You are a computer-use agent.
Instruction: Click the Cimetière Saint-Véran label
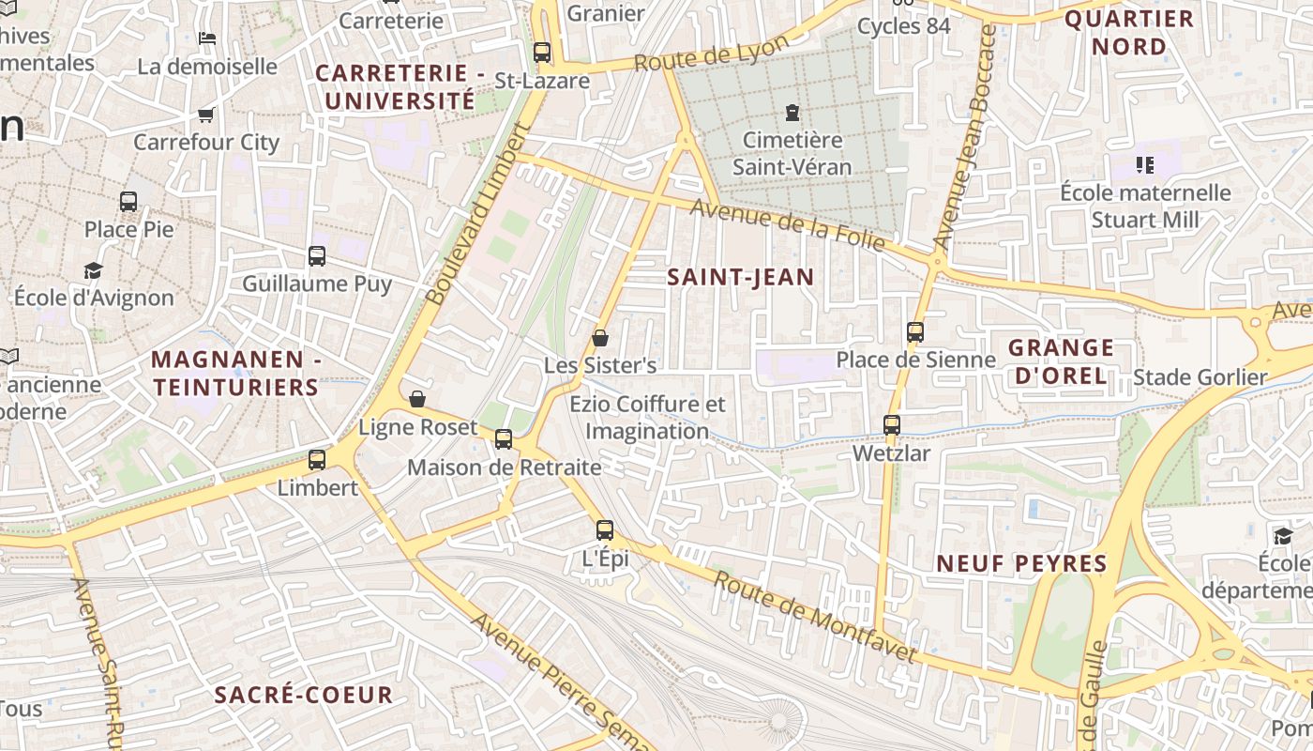792,154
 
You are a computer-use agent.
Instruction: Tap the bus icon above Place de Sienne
915,331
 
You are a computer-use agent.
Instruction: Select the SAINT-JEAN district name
740,277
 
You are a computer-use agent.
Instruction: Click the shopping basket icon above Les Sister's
600,338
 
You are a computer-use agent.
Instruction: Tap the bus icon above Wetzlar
892,425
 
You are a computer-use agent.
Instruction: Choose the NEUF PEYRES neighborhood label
1022,564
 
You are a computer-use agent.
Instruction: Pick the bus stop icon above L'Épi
605,530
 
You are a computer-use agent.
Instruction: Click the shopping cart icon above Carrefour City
206,115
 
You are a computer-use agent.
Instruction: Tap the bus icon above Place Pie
128,201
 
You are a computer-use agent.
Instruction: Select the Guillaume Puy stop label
317,284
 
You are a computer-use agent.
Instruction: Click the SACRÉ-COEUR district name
303,696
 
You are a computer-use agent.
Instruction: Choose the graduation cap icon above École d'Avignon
93,271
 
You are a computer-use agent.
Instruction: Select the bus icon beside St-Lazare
542,53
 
